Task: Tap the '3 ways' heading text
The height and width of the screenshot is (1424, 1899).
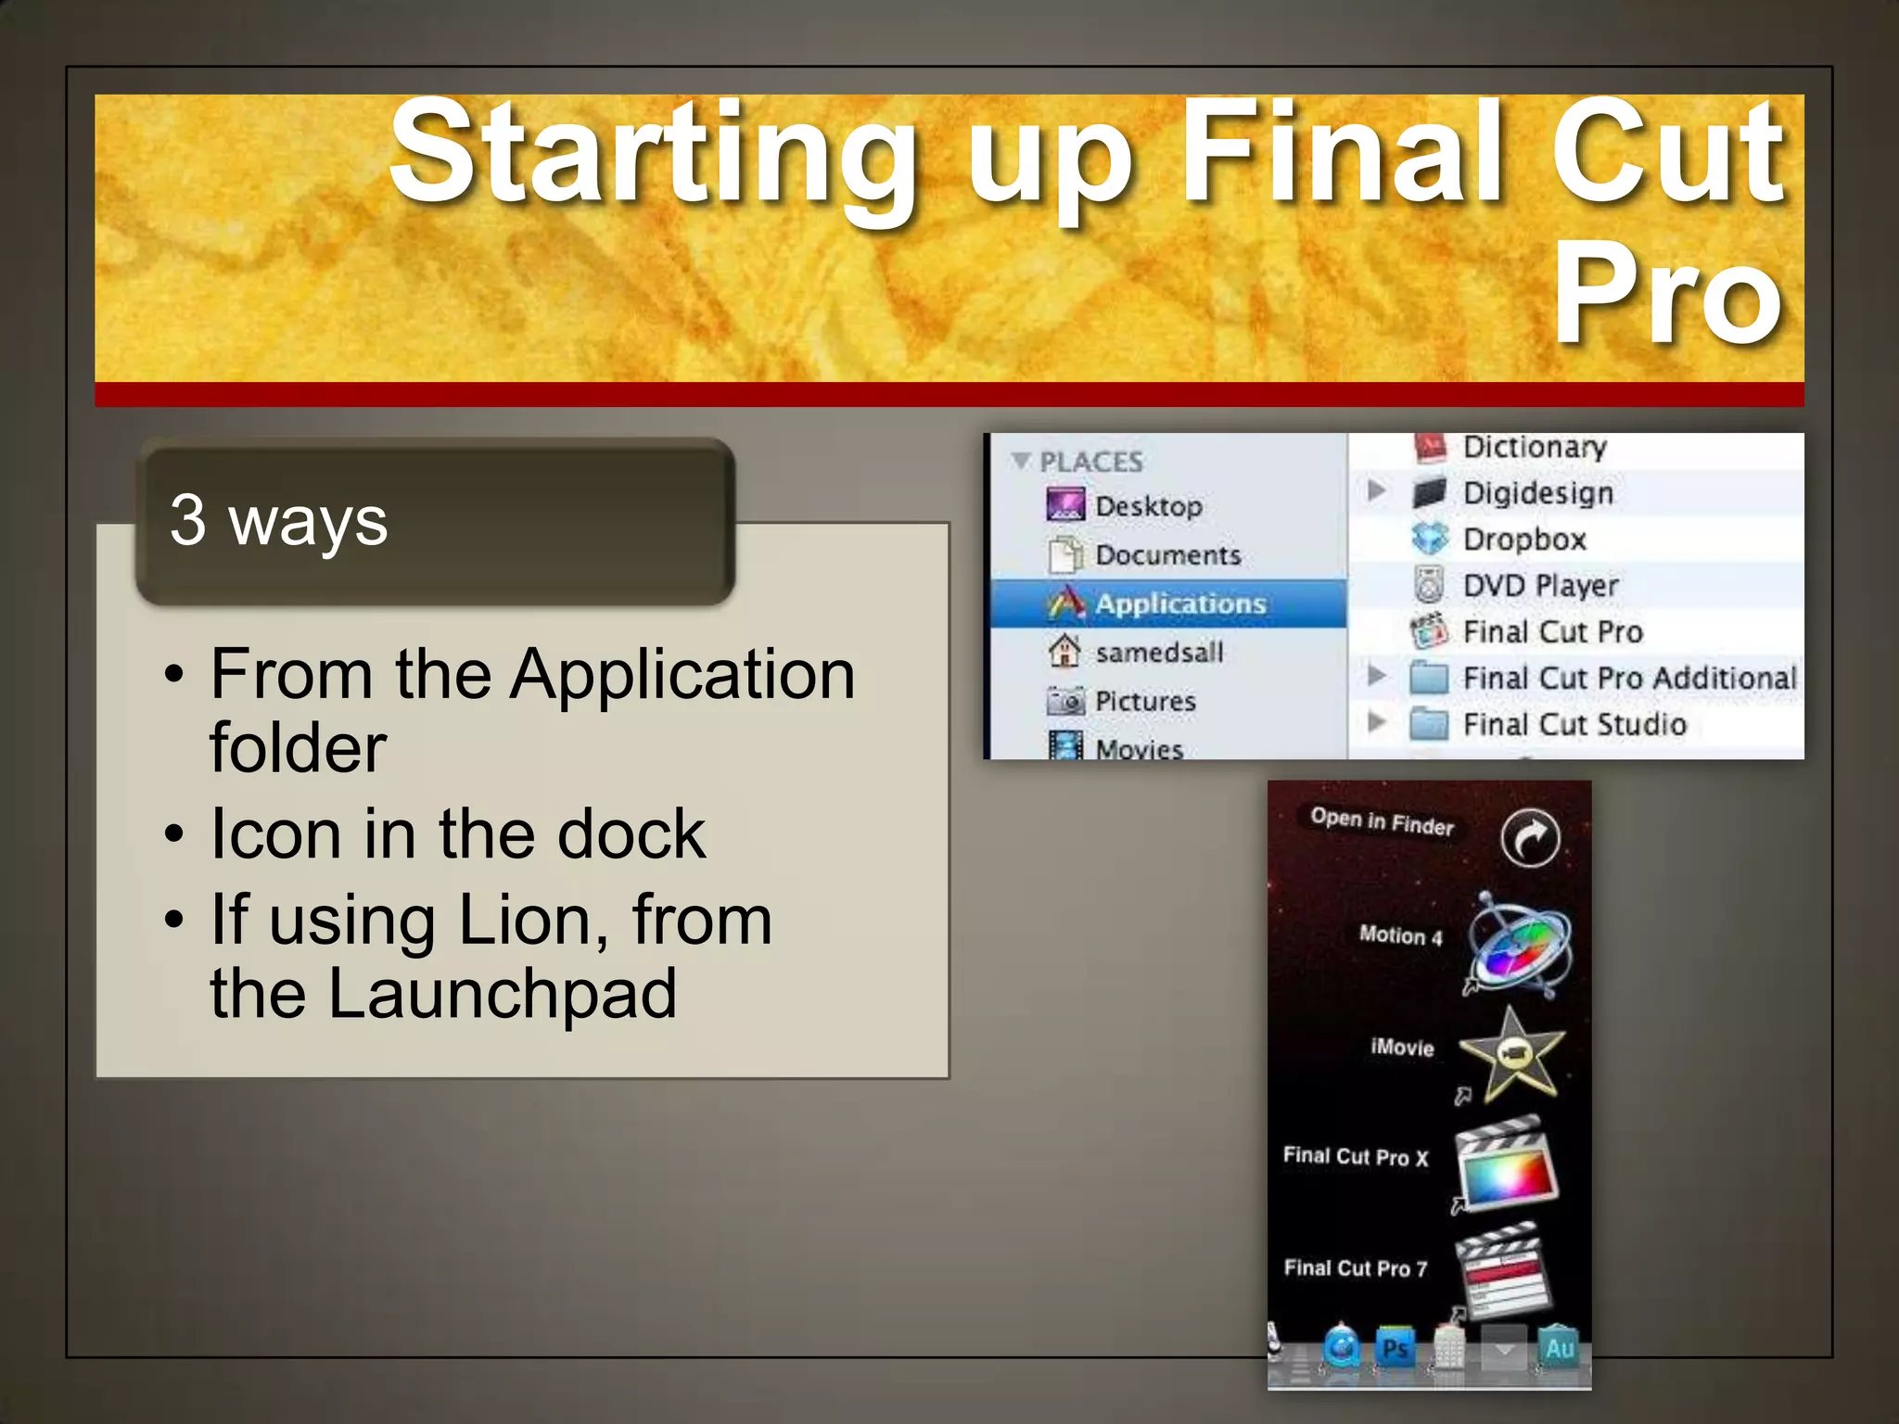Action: pos(278,521)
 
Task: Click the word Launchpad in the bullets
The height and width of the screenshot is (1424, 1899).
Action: pos(502,994)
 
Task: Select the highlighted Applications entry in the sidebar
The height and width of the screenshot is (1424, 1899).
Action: pos(1179,604)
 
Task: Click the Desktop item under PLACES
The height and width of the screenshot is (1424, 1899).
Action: pos(1148,506)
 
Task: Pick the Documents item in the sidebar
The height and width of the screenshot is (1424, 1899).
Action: pos(1167,554)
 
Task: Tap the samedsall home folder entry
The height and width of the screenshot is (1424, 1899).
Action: pos(1159,653)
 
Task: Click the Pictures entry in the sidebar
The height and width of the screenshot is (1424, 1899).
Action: pos(1145,701)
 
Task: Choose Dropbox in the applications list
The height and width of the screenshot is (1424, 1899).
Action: pos(1523,539)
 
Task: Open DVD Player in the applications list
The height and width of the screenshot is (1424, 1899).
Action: pos(1540,585)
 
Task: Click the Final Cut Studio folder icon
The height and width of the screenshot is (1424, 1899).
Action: pos(1429,724)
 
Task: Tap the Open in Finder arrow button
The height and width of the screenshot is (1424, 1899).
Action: pos(1529,838)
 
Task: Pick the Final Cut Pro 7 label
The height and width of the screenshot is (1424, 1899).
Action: pos(1355,1267)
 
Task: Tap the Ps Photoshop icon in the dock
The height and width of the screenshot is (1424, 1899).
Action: pos(1395,1348)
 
